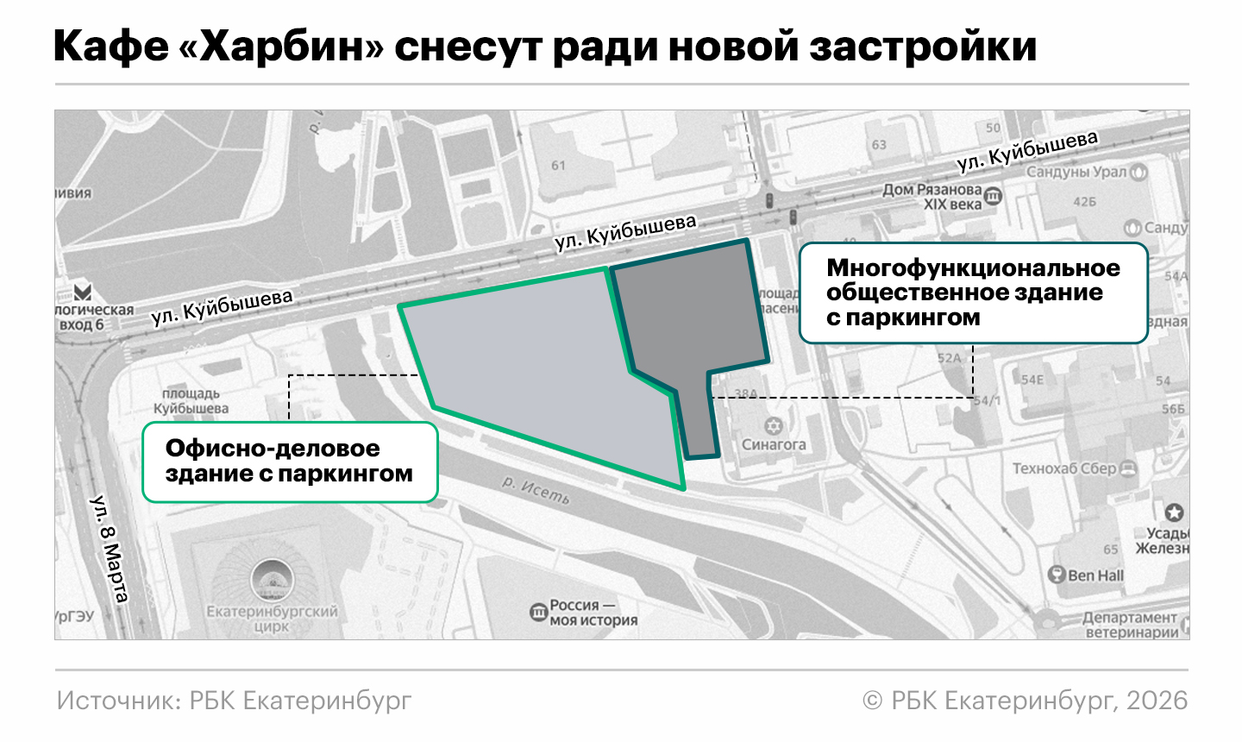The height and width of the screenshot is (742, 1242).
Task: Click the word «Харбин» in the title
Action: point(280,46)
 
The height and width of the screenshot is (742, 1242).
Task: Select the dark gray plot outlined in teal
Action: point(690,319)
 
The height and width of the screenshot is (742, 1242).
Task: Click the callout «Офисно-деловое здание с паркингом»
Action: point(290,462)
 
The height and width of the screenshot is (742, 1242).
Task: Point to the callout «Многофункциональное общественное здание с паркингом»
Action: point(973,293)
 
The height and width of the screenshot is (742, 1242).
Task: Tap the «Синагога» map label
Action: point(774,444)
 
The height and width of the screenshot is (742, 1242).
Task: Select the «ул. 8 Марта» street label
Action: point(110,549)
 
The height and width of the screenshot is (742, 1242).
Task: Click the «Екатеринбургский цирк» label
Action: point(272,618)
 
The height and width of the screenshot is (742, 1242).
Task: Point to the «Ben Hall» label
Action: point(1095,575)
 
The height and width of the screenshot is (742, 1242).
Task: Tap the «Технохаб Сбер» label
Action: point(1064,468)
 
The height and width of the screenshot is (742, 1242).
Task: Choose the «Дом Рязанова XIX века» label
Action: point(932,197)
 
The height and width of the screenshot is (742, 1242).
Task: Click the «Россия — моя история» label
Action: point(593,613)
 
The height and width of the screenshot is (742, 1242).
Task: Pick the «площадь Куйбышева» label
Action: point(191,401)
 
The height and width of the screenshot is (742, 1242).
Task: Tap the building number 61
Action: point(558,165)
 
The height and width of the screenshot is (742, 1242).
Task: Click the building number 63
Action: point(879,144)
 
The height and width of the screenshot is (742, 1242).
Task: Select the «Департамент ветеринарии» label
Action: point(1130,625)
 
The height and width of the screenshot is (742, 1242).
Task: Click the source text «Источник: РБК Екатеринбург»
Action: point(235,701)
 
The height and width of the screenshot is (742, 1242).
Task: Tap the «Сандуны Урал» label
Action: point(1076,172)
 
